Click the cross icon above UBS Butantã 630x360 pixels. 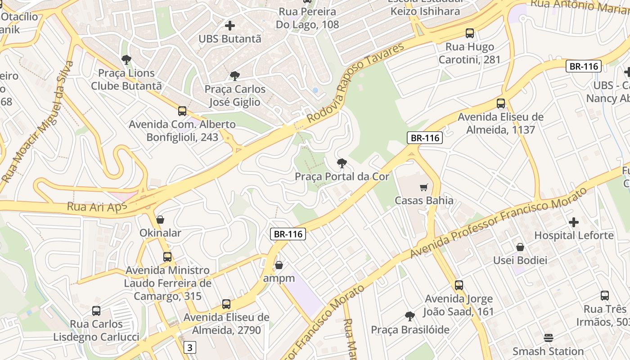click(x=230, y=26)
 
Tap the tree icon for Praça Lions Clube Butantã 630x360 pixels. click(x=126, y=59)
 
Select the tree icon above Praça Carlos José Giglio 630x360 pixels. click(x=234, y=76)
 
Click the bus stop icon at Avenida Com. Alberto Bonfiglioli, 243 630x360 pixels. click(x=182, y=111)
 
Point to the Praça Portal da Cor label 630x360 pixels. click(x=342, y=176)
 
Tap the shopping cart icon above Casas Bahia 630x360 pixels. click(x=423, y=187)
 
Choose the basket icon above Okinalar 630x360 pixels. click(x=160, y=220)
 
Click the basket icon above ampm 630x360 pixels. click(x=279, y=265)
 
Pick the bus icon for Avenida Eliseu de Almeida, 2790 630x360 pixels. click(x=226, y=304)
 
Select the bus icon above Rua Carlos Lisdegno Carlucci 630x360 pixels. click(x=96, y=310)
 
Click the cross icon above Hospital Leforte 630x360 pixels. click(x=574, y=222)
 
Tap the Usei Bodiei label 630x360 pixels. click(x=520, y=260)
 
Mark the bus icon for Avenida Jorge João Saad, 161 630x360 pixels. click(x=459, y=285)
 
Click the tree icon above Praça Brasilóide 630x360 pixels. click(x=409, y=316)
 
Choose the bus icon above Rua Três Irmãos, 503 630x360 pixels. click(x=605, y=296)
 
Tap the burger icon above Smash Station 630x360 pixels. click(x=548, y=337)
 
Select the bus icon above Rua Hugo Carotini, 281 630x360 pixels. click(x=470, y=33)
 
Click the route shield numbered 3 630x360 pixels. click(x=190, y=347)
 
